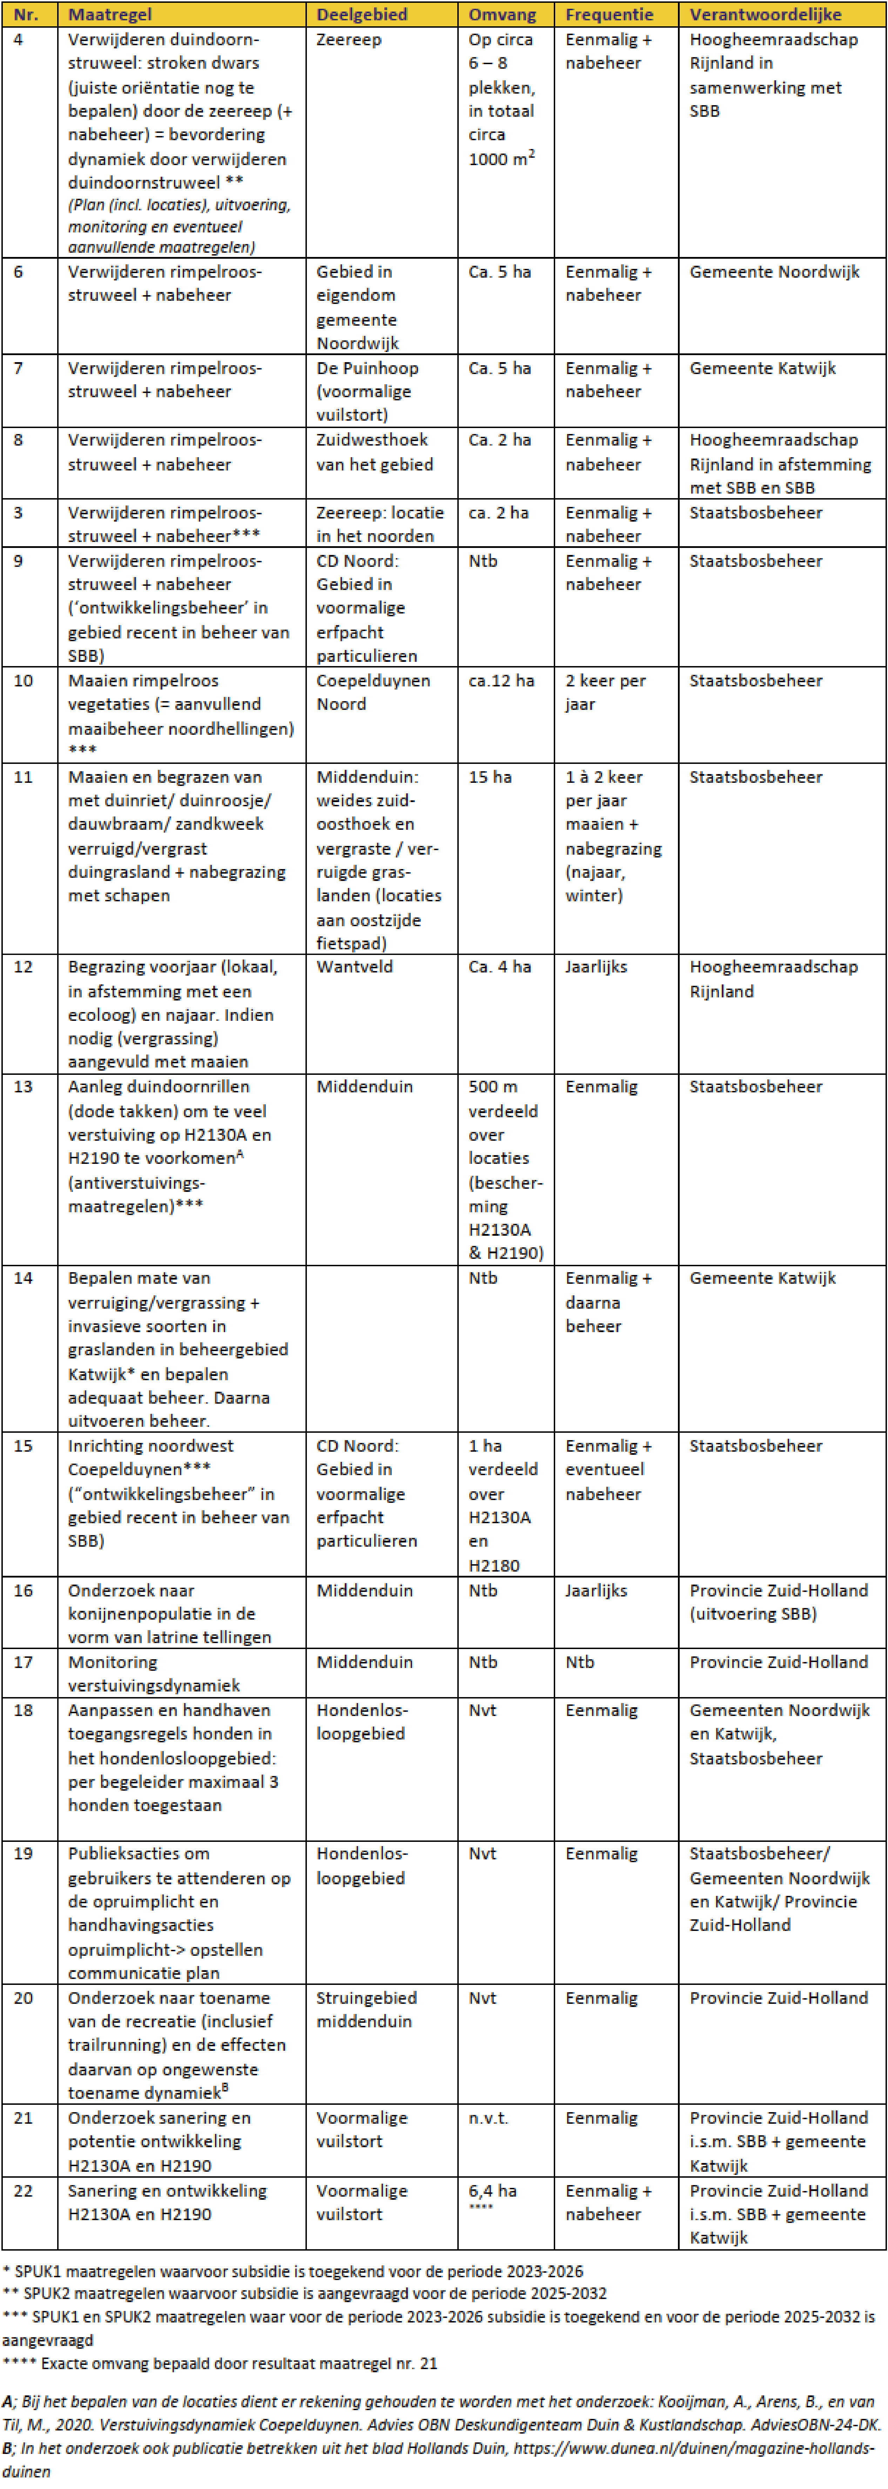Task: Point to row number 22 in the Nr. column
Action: (23, 2190)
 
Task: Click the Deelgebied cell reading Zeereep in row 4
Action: (349, 40)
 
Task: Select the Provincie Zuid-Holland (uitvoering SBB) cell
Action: (778, 1602)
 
